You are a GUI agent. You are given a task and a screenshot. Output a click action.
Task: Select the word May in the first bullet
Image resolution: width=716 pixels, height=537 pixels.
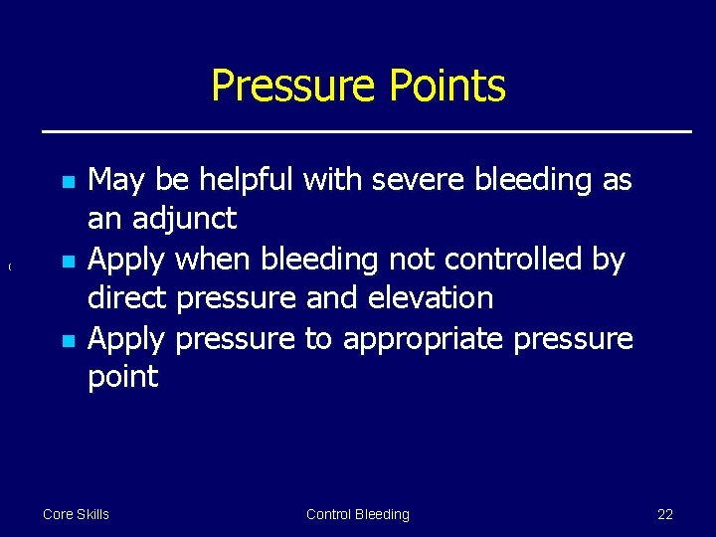pyautogui.click(x=116, y=180)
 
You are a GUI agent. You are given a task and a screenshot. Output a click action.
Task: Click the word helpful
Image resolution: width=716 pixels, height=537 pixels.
pyautogui.click(x=246, y=180)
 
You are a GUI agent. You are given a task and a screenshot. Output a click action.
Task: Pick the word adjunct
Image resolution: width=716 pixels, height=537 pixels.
pyautogui.click(x=187, y=219)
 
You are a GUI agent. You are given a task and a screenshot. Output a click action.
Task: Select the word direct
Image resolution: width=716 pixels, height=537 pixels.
pyautogui.click(x=124, y=297)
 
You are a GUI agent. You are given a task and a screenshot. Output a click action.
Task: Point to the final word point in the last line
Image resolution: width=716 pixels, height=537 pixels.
pyautogui.click(x=122, y=377)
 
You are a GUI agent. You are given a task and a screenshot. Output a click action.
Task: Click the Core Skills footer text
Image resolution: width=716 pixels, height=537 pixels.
pyautogui.click(x=76, y=514)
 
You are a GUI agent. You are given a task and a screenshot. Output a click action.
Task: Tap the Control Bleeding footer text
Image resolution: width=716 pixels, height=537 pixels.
pyautogui.click(x=357, y=514)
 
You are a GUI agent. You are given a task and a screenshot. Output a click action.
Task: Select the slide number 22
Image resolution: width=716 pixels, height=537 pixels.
pyautogui.click(x=665, y=514)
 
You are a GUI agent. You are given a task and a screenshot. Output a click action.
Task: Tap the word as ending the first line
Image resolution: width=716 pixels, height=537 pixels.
pyautogui.click(x=617, y=180)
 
